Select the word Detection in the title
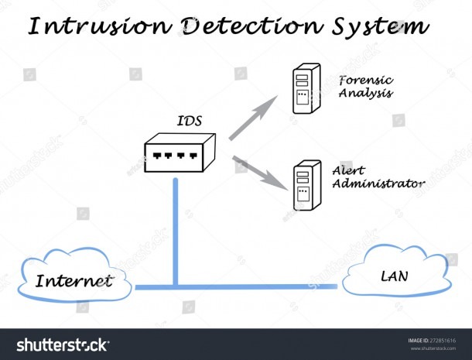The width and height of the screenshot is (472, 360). click(x=252, y=26)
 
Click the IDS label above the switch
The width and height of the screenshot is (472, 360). click(x=190, y=121)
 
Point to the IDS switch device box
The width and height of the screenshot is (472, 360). click(x=180, y=153)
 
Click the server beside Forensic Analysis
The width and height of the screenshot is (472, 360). click(x=306, y=88)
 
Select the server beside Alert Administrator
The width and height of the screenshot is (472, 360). click(x=307, y=185)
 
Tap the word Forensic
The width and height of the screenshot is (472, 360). click(x=366, y=81)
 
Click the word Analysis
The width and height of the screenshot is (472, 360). click(x=366, y=93)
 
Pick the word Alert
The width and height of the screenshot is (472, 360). click(x=348, y=170)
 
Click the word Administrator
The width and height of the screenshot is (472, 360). click(x=378, y=183)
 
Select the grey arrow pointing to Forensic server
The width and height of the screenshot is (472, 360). click(x=254, y=118)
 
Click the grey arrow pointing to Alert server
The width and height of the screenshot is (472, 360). click(x=260, y=173)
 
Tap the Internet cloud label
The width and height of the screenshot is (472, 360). click(x=74, y=281)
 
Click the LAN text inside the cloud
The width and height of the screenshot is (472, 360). click(x=395, y=276)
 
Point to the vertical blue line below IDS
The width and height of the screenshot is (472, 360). click(x=176, y=231)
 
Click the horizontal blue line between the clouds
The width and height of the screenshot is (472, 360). click(x=236, y=286)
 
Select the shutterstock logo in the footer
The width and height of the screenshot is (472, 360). click(x=63, y=345)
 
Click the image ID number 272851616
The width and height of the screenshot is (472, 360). click(x=443, y=341)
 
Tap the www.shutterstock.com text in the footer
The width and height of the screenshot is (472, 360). click(x=433, y=348)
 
